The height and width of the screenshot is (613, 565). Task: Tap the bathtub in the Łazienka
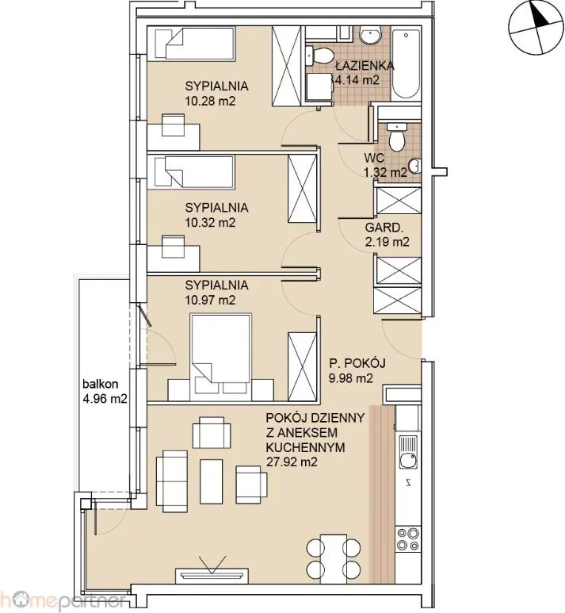[406, 63]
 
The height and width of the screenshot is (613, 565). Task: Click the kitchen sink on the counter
[408, 452]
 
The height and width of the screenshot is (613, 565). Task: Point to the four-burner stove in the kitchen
[408, 538]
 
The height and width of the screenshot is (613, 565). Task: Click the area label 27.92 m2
[292, 462]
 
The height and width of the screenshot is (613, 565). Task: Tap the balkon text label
[101, 384]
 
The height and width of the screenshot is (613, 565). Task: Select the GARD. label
[384, 227]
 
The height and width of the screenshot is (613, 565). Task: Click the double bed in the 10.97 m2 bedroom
[221, 357]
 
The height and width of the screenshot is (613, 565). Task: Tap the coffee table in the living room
[212, 481]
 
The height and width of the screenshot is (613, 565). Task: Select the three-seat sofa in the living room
[172, 481]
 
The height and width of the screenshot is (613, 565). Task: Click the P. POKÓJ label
[357, 363]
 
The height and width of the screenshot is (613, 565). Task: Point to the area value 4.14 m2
[357, 80]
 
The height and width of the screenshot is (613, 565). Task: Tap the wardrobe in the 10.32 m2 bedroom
[302, 190]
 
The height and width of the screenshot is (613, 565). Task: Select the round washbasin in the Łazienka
[370, 36]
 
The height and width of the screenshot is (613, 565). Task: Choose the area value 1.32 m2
[385, 172]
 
